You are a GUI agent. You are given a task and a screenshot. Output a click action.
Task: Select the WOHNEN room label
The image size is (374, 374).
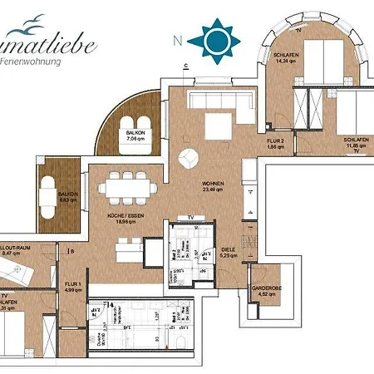click(214, 184)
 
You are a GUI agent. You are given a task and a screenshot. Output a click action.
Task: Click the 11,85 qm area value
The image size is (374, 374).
click(355, 145)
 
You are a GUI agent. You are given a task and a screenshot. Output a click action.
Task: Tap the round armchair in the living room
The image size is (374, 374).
click(190, 155)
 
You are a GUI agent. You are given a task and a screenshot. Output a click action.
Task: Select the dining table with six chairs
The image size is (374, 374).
click(129, 189)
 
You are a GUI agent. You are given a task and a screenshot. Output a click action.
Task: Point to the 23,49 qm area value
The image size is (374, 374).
click(214, 190)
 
